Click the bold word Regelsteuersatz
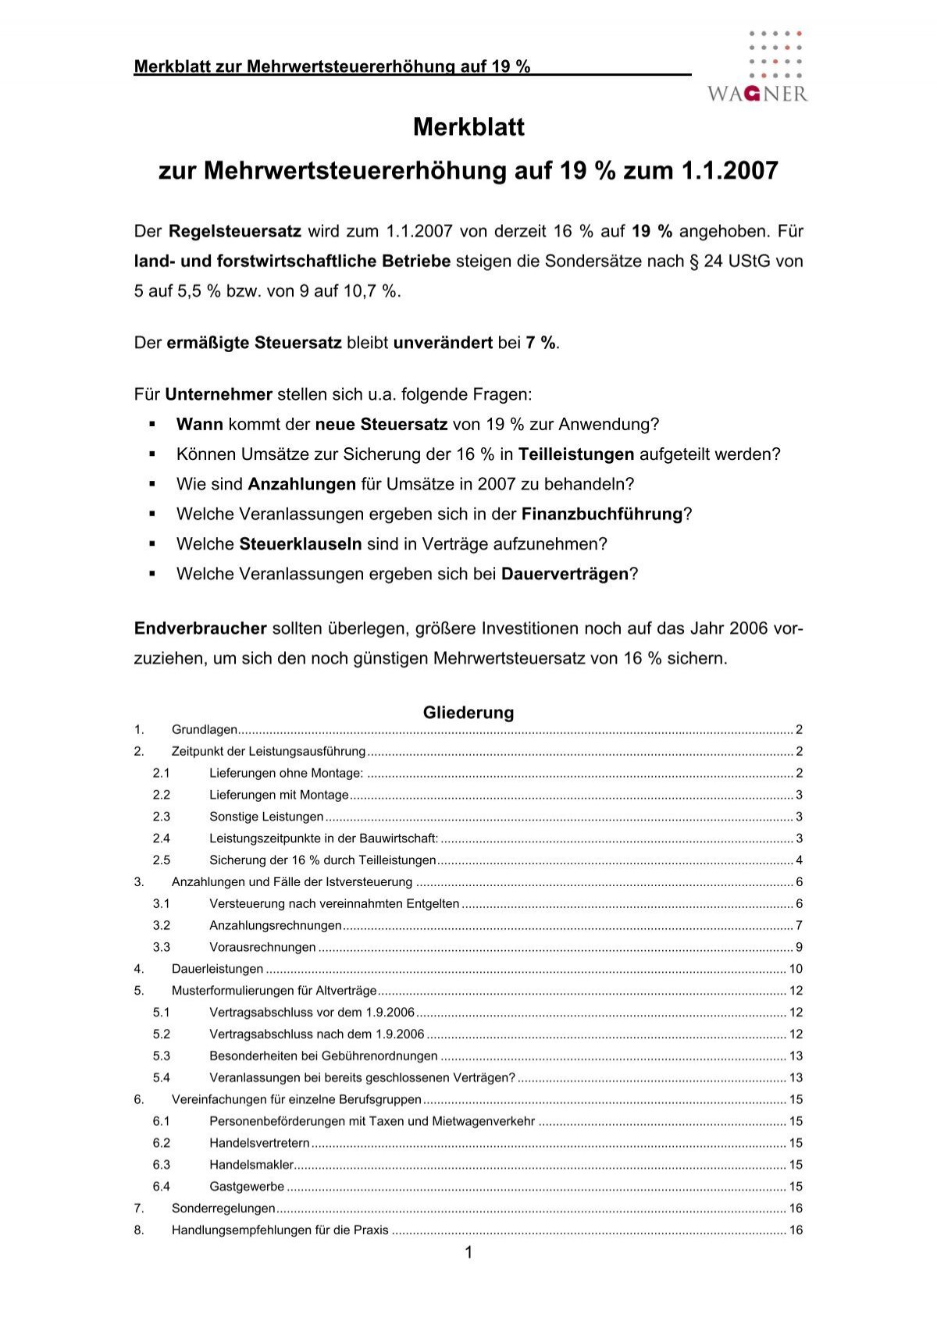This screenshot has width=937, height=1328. pyautogui.click(x=235, y=231)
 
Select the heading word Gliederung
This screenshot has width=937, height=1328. pyautogui.click(x=468, y=712)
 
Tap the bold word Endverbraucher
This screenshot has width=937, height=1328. pyautogui.click(x=201, y=628)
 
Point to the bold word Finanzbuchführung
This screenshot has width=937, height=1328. pyautogui.click(x=602, y=514)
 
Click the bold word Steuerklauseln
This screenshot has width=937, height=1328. pyautogui.click(x=301, y=543)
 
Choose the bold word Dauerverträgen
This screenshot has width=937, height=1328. pyautogui.click(x=565, y=574)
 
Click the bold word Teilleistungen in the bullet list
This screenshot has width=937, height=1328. pyautogui.click(x=576, y=454)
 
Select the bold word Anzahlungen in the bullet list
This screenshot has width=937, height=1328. pyautogui.click(x=302, y=484)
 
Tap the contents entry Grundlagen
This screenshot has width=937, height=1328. pyautogui.click(x=205, y=730)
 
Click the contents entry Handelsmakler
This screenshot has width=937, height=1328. pyautogui.click(x=251, y=1164)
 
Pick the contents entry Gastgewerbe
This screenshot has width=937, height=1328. pyautogui.click(x=247, y=1186)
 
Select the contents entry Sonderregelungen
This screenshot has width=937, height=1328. pyautogui.click(x=223, y=1208)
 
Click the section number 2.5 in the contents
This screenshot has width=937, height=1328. pyautogui.click(x=162, y=860)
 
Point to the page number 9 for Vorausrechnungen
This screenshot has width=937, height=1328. pyautogui.click(x=799, y=947)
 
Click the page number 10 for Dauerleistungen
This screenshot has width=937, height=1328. pyautogui.click(x=796, y=969)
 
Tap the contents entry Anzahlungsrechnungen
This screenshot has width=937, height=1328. pyautogui.click(x=276, y=925)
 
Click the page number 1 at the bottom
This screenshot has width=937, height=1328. pyautogui.click(x=468, y=1253)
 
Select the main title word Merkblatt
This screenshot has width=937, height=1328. pyautogui.click(x=468, y=127)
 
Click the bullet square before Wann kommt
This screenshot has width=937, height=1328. pyautogui.click(x=153, y=425)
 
